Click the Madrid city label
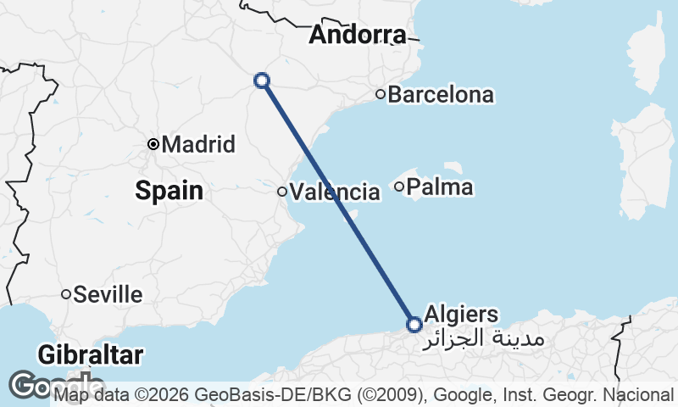click(x=197, y=144)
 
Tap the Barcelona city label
click(x=440, y=94)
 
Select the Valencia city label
click(x=335, y=192)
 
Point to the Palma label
click(x=440, y=187)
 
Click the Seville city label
click(x=108, y=294)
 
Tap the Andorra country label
click(x=357, y=35)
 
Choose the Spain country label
click(x=169, y=191)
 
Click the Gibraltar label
click(x=91, y=354)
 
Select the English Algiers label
click(x=463, y=314)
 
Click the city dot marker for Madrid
click(x=153, y=144)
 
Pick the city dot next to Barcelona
click(x=381, y=94)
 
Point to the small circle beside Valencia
click(x=282, y=191)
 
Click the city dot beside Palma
click(x=399, y=186)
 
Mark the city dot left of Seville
click(x=65, y=294)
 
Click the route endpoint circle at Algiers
click(x=414, y=324)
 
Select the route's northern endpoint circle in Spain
click(x=262, y=81)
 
